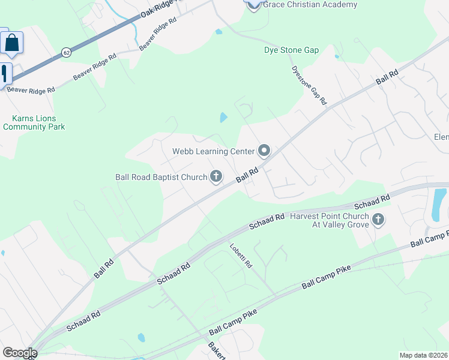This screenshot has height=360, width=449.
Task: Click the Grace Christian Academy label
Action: (310, 5)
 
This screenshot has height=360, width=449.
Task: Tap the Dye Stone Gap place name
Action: (291, 50)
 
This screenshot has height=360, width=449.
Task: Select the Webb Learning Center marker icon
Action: (264, 151)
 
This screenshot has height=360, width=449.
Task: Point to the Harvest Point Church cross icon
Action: (378, 220)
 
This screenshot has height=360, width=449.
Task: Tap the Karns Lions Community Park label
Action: (34, 122)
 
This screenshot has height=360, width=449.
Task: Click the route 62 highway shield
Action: (65, 53)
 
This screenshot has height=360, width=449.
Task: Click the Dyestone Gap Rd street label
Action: (309, 85)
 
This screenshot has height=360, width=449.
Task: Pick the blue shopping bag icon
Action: (11, 43)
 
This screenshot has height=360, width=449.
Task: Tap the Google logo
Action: (19, 353)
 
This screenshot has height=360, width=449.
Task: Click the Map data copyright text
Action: (423, 355)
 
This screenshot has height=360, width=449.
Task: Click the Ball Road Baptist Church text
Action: (161, 177)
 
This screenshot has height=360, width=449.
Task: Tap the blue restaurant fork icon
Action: (4, 74)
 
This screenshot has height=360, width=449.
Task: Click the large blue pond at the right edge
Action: (439, 204)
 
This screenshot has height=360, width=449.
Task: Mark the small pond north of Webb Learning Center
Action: (223, 118)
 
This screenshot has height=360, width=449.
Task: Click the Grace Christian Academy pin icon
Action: (253, 4)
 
